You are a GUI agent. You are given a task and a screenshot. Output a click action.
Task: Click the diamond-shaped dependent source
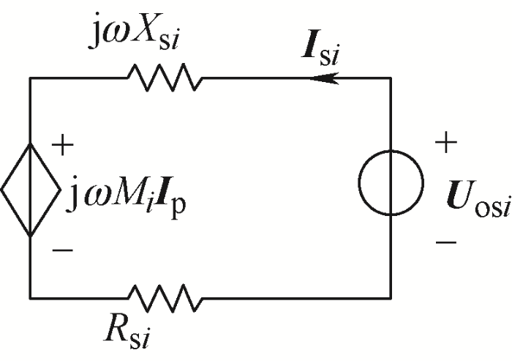pos(30,190)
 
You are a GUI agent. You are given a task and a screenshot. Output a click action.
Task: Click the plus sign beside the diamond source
pos(65,145)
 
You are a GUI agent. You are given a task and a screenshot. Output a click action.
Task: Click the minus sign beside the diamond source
pos(64,250)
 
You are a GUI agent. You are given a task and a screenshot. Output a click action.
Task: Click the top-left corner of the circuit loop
pos(30,77)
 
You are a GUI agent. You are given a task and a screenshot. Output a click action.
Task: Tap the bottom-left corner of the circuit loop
pos(30,297)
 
